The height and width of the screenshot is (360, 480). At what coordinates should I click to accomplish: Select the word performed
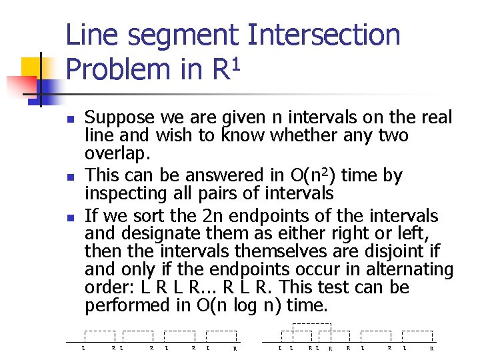pos(125,306)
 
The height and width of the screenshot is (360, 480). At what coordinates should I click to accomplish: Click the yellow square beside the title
pos(32,67)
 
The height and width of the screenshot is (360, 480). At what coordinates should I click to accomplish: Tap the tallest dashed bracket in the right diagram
pos(311,327)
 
